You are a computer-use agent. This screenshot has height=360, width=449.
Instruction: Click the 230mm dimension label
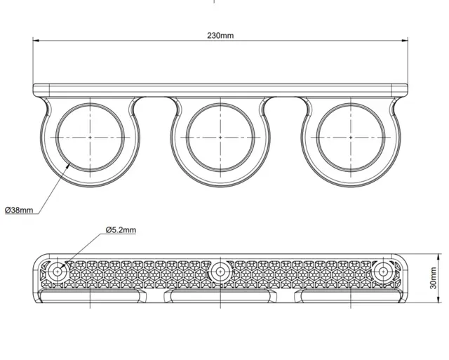pos(220,36)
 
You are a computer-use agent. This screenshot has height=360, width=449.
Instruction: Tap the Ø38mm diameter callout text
pos(19,211)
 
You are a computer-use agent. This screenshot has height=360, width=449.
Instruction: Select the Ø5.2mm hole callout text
pos(121,229)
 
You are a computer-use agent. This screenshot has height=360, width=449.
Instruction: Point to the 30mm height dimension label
pos(434,278)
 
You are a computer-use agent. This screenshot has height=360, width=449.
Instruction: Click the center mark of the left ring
pos(91,138)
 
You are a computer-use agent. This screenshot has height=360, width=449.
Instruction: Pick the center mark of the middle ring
pos(220,138)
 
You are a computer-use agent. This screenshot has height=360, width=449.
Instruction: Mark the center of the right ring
pos(351,138)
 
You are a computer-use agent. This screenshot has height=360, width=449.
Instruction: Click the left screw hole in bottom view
pos(58,271)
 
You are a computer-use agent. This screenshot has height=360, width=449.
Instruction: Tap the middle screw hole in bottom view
pos(220,271)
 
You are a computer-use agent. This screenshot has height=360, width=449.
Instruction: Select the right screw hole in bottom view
pos(383,271)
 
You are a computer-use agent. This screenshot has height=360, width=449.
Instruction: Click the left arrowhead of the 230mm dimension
pos(36,41)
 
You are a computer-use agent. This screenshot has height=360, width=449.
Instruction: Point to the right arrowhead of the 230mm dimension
pos(405,41)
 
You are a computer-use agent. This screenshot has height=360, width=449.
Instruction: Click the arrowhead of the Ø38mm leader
pos(69,164)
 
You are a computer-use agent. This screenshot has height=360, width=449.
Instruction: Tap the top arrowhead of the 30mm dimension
pos(438,257)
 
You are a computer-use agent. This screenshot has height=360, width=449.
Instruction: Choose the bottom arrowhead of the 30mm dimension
pos(438,300)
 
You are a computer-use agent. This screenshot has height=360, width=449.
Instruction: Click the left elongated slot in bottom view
pos(91,296)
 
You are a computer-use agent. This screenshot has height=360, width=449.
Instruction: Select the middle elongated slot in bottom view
pos(220,296)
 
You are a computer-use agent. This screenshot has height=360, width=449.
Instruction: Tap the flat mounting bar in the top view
pos(220,90)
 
